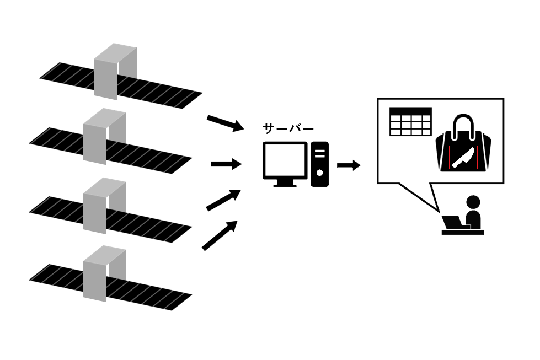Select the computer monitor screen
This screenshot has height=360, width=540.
click(x=284, y=159)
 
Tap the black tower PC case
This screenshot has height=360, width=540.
click(x=320, y=164)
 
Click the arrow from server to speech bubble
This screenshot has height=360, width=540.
click(x=349, y=165)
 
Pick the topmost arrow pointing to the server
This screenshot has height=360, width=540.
click(x=225, y=123)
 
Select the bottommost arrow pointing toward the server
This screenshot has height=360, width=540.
click(x=220, y=235)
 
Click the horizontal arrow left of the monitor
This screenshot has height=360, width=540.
click(x=226, y=164)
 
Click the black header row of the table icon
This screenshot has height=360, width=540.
click(x=410, y=110)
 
